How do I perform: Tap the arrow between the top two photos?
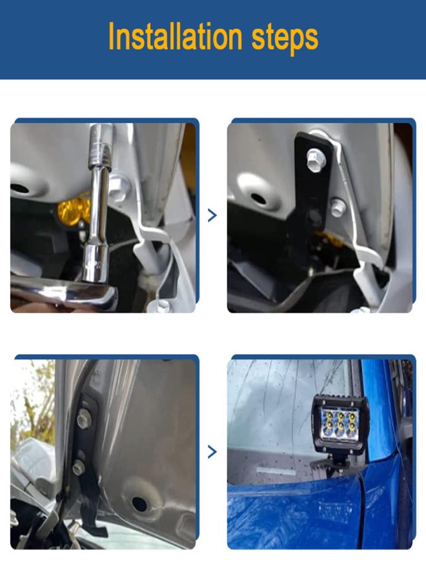tap(212, 215)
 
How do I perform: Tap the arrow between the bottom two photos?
tap(212, 451)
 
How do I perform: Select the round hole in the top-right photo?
tap(258, 199)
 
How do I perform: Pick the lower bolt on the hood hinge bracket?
tap(79, 466)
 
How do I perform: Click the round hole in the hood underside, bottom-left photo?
tap(139, 503)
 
